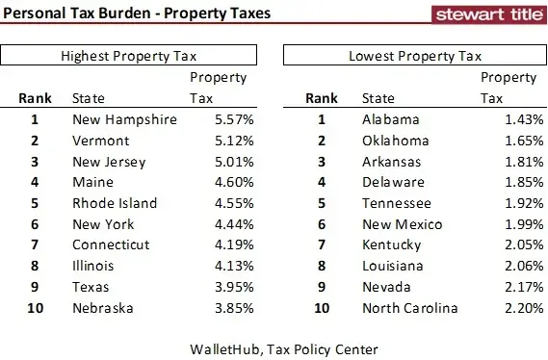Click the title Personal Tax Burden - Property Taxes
pyautogui.click(x=136, y=13)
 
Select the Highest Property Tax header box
pyautogui.click(x=134, y=56)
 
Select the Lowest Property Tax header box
pyautogui.click(x=415, y=56)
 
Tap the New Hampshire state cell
pyautogui.click(x=125, y=120)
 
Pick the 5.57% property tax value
pyautogui.click(x=234, y=120)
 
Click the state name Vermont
pyautogui.click(x=101, y=141)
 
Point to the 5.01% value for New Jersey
pyautogui.click(x=234, y=162)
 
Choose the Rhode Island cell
pyautogui.click(x=115, y=204)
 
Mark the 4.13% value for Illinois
pyautogui.click(x=234, y=267)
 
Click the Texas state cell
pyautogui.click(x=92, y=288)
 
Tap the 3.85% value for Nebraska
pyautogui.click(x=234, y=308)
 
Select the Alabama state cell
pyautogui.click(x=391, y=120)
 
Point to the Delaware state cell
pyautogui.click(x=393, y=183)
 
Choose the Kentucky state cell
pyautogui.click(x=392, y=245)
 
